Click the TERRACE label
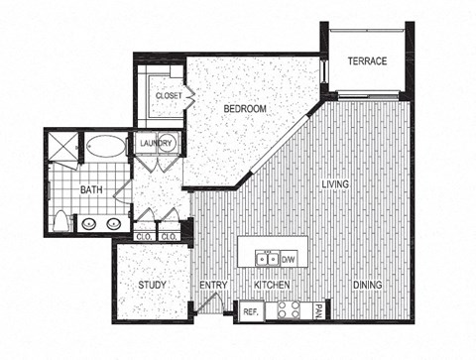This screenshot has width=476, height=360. coord(366,60)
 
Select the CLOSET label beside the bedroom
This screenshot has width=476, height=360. coord(168,95)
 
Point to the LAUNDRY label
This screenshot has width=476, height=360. coord(157,144)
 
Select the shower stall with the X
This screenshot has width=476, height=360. coord(62,150)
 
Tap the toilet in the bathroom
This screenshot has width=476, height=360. coord(62,220)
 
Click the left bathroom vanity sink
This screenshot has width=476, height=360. coord(90,223)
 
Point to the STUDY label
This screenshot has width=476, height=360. coord(151,286)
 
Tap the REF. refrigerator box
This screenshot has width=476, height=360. coord(251,311)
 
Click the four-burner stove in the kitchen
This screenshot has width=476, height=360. coord(288,310)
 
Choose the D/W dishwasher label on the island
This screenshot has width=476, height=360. coord(291,260)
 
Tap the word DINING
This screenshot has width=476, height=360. coord(368,286)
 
